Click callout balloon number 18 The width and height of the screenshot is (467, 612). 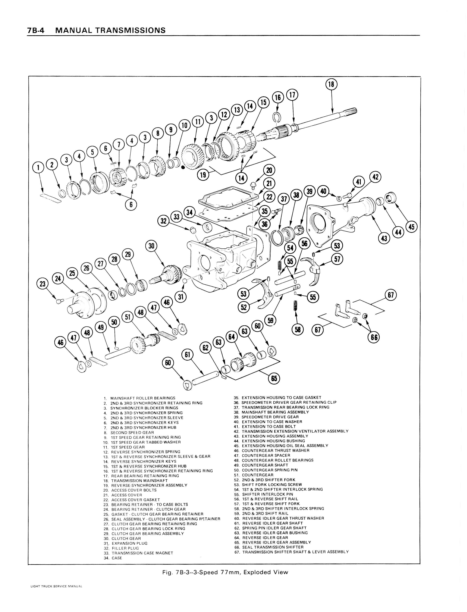point(331,84)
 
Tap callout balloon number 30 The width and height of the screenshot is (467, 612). point(151,246)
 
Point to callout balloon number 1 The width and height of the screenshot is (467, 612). point(38,167)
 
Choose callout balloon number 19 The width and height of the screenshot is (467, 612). point(203,175)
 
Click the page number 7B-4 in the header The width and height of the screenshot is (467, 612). point(36,30)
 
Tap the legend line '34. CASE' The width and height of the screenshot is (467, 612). point(113,558)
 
